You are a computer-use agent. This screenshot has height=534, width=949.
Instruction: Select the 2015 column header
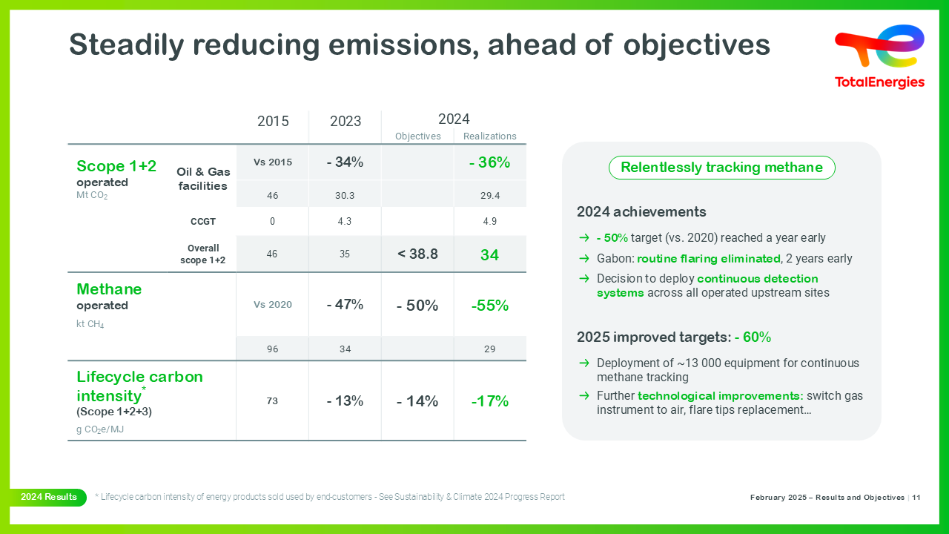coord(273,122)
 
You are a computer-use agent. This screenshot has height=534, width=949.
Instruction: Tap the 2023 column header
coord(345,122)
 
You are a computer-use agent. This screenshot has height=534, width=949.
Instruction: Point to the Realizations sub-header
coord(489,136)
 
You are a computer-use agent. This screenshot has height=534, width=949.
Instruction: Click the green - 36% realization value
coord(489,162)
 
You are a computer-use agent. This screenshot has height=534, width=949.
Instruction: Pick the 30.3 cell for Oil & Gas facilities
coord(345,195)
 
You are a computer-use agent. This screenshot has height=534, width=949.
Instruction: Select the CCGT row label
coord(202,221)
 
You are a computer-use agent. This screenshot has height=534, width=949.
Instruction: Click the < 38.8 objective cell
coord(417,254)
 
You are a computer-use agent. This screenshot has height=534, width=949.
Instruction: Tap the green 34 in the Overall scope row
coord(489,255)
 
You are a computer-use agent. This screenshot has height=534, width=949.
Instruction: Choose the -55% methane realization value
coord(489,306)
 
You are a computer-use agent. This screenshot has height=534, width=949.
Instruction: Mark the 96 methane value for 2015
coord(273,349)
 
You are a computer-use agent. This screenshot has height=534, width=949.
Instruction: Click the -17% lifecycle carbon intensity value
coord(489,401)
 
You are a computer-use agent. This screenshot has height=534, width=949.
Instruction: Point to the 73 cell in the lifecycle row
coord(273,401)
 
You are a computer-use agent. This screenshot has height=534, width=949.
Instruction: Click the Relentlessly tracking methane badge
coord(721,168)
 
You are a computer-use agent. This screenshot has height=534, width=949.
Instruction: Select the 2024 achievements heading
coord(641,212)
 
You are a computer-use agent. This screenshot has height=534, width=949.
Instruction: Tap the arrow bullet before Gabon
coord(584,259)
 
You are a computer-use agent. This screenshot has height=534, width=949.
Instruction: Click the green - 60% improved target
coord(753,337)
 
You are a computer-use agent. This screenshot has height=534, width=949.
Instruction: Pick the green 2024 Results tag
coord(49,497)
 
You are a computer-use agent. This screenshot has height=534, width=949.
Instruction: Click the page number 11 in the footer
coord(916,498)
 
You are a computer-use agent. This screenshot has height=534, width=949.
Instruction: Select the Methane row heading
coord(109,289)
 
